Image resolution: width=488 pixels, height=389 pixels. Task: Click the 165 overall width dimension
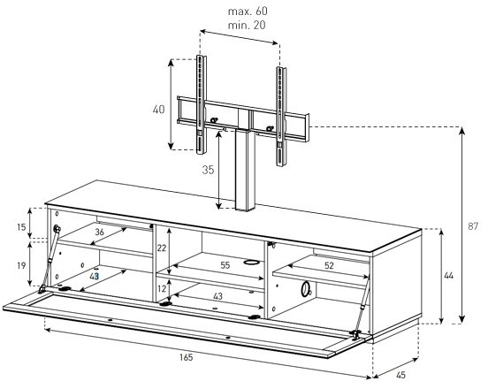tap(187, 357)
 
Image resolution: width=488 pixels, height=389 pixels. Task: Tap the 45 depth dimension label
tap(400, 376)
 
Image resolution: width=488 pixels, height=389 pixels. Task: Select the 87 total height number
tap(473, 226)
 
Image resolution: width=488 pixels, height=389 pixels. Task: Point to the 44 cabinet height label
tap(449, 276)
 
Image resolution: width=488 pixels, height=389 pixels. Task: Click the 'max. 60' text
tap(248, 11)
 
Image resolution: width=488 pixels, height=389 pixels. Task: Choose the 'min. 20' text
tap(247, 26)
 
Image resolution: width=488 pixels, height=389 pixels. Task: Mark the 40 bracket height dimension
tap(158, 110)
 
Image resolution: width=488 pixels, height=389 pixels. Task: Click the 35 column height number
tap(208, 170)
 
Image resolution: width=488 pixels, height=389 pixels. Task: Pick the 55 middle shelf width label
tap(225, 265)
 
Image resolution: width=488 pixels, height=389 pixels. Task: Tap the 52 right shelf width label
tap(329, 265)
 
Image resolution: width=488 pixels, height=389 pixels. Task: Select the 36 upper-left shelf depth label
tap(99, 232)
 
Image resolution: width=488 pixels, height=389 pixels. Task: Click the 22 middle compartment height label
tap(162, 248)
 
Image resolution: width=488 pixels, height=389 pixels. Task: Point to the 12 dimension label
tap(162, 289)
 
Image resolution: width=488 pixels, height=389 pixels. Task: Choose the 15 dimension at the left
tap(21, 227)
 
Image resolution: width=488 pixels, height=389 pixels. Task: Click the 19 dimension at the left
tap(21, 266)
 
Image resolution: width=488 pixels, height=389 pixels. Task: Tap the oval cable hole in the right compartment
tap(306, 289)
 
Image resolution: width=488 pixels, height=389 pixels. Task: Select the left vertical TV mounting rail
tap(201, 104)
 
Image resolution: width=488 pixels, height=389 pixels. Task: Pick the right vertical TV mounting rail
tap(281, 117)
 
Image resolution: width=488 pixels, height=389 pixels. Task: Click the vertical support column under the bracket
tap(245, 170)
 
